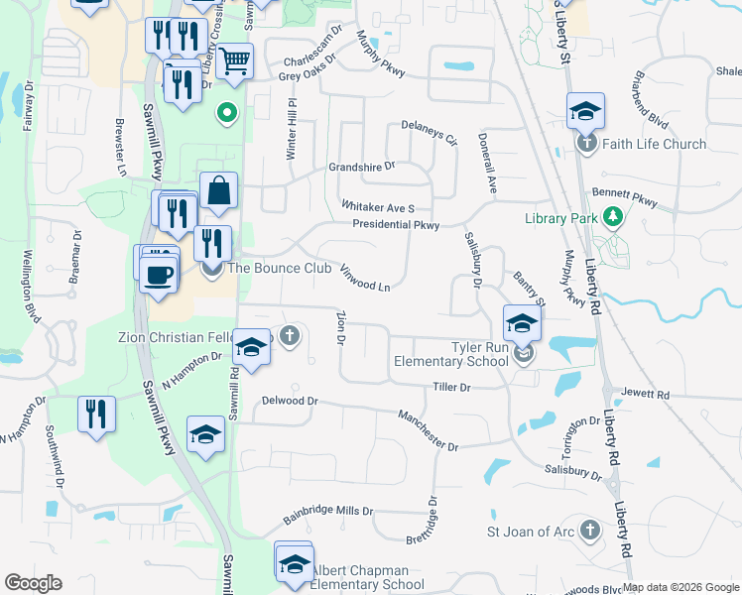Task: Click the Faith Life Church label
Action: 654,144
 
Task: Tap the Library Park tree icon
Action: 614,215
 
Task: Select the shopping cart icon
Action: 234,61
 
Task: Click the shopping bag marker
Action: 218,191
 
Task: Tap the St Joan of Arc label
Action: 531,532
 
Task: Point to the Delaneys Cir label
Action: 429,132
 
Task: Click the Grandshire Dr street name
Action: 362,167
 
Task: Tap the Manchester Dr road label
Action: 429,430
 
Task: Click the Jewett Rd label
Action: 646,394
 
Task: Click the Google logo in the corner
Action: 33,583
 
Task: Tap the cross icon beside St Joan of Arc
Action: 590,531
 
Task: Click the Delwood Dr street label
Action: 289,401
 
